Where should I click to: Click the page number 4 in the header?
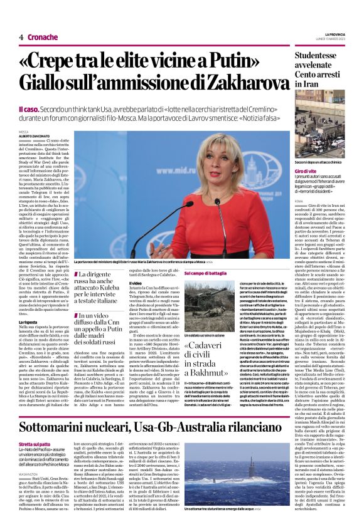click(x=21, y=37)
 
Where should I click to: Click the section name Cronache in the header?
click(x=43, y=37)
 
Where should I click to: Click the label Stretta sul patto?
click(x=33, y=427)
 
